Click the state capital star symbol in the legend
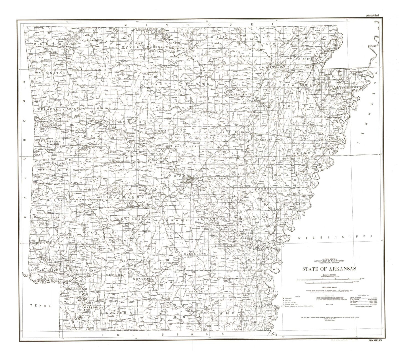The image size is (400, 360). point(283,298)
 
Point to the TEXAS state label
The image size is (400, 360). point(41,306)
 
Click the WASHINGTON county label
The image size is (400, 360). point(50,73)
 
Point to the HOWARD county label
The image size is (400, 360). point(68,237)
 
